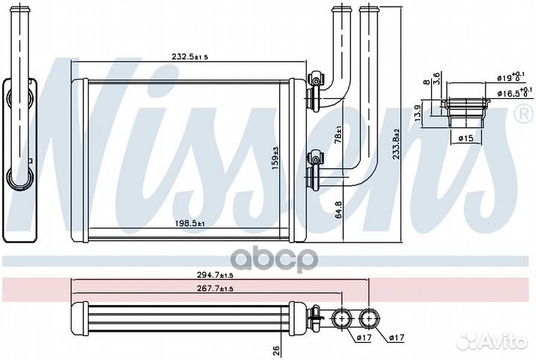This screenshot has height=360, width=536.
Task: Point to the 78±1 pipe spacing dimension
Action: (339, 136)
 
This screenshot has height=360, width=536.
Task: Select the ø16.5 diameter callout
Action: (511, 94)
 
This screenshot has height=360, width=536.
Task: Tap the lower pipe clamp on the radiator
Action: (315, 159)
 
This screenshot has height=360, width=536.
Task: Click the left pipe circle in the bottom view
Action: (343, 319)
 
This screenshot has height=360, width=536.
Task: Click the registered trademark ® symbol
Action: (523, 113)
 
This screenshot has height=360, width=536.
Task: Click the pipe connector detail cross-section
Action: (465, 112)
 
